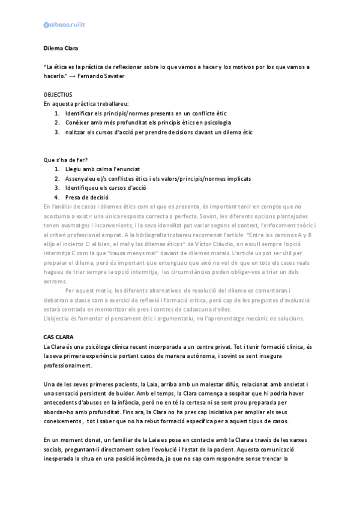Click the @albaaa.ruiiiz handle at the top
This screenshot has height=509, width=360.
tap(65, 25)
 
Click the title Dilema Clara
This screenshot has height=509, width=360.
tap(61, 47)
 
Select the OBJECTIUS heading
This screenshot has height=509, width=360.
tap(58, 95)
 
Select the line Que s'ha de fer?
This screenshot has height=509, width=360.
tap(65, 160)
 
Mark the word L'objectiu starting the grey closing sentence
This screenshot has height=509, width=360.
tap(58, 318)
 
